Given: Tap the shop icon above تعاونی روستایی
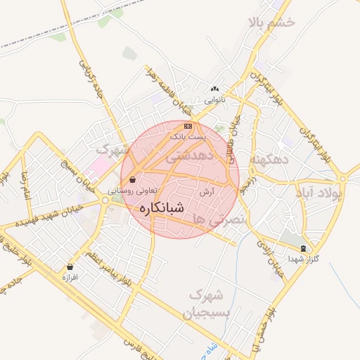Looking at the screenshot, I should pos(133,179).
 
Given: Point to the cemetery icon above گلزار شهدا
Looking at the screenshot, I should pos(303,248).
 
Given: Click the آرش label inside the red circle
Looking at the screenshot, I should pos(206,191).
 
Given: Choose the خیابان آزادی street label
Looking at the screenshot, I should pos(269,257).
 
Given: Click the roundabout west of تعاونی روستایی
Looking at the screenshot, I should pos(105,201).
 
